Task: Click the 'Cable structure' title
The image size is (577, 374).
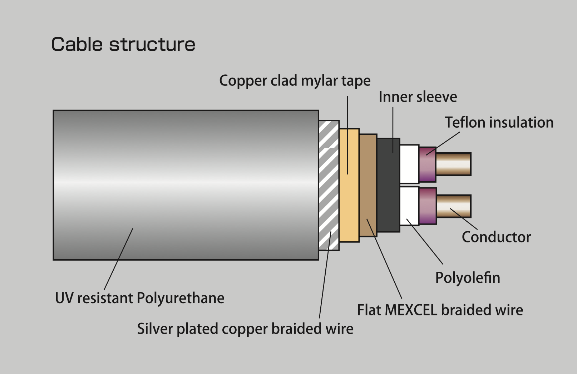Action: pyautogui.click(x=123, y=45)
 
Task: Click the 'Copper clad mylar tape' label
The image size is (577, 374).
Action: pyautogui.click(x=295, y=81)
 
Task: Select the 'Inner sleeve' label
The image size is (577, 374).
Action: pyautogui.click(x=418, y=97)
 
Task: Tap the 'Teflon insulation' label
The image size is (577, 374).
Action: pyautogui.click(x=499, y=123)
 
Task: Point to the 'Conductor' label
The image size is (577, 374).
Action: pyautogui.click(x=496, y=237)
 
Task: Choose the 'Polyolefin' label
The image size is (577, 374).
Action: pyautogui.click(x=468, y=278)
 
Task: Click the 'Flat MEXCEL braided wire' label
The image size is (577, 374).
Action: pyautogui.click(x=440, y=310)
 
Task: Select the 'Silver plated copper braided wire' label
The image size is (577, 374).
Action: pyautogui.click(x=245, y=329)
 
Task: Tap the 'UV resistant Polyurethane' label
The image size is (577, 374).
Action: pyautogui.click(x=140, y=298)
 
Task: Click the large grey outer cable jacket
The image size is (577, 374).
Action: pyautogui.click(x=186, y=185)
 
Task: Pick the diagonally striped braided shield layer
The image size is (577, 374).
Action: pyautogui.click(x=329, y=185)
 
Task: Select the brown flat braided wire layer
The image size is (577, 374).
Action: pyautogui.click(x=368, y=185)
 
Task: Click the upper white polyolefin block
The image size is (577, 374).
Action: pyautogui.click(x=409, y=164)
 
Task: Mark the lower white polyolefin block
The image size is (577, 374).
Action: pyautogui.click(x=409, y=206)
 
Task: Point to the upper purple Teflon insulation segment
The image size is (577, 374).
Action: pyautogui.click(x=428, y=164)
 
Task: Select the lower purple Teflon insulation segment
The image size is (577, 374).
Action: pyautogui.click(x=428, y=206)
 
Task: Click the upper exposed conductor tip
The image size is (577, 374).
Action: pyautogui.click(x=453, y=164)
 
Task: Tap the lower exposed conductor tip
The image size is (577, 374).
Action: pyautogui.click(x=453, y=206)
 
